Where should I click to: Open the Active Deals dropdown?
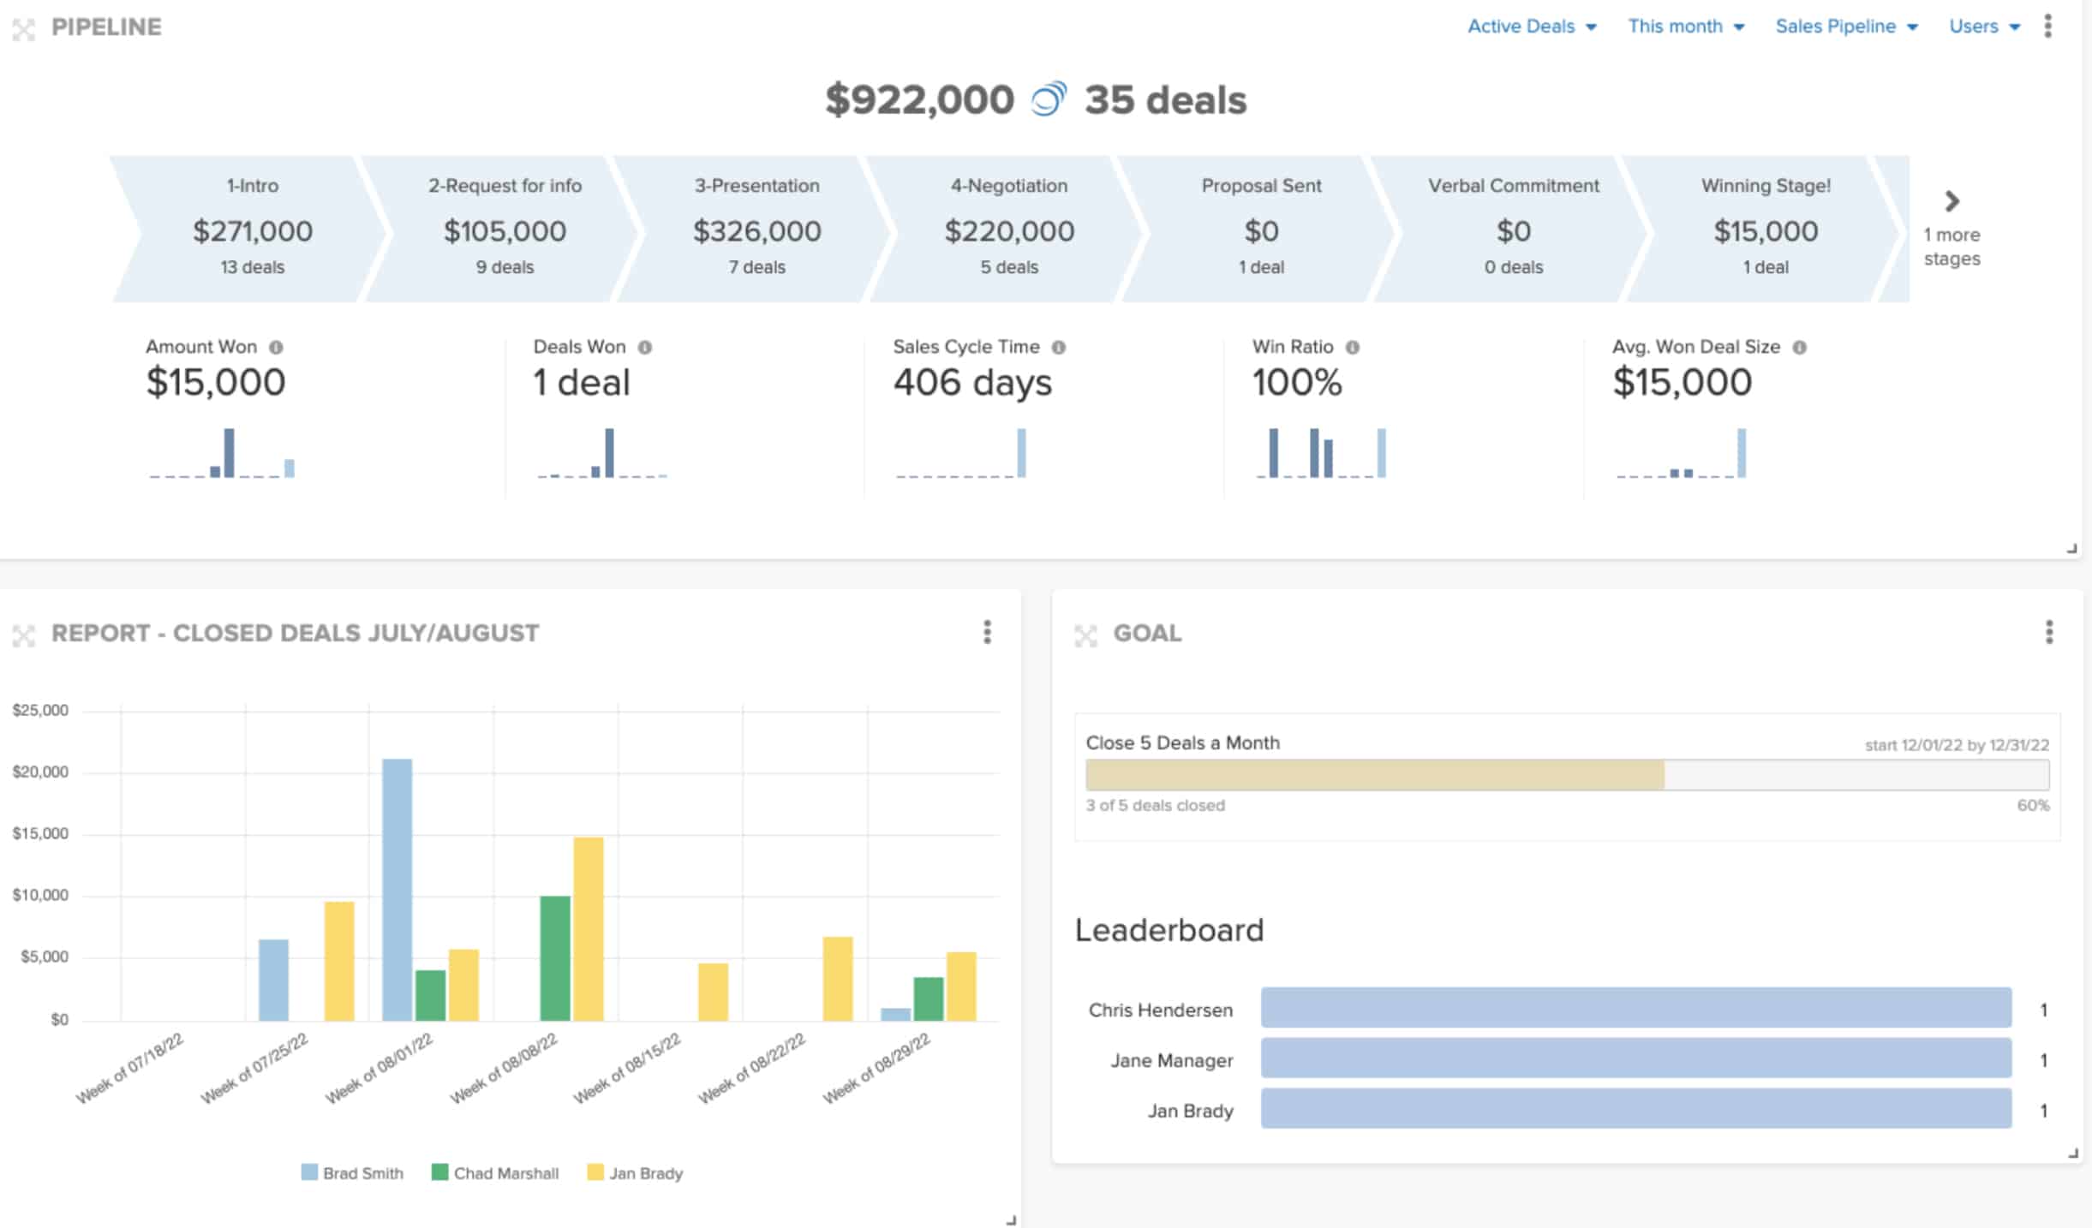1531,27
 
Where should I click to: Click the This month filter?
1685,27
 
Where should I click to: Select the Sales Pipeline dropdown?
1845,27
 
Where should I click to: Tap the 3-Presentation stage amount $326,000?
756,231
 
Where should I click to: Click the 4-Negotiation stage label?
1008,186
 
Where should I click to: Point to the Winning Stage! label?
1765,186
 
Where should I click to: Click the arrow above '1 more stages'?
1952,201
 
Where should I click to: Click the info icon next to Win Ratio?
1352,347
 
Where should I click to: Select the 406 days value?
971,382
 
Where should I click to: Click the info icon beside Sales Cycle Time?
1058,347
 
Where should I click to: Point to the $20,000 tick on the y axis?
40,772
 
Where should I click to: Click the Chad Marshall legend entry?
496,1173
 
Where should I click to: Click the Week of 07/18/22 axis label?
130,1068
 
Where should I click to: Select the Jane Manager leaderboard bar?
1635,1059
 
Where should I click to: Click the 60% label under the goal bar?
2032,805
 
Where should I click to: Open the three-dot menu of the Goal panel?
2048,632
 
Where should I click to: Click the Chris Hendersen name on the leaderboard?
1160,1010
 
